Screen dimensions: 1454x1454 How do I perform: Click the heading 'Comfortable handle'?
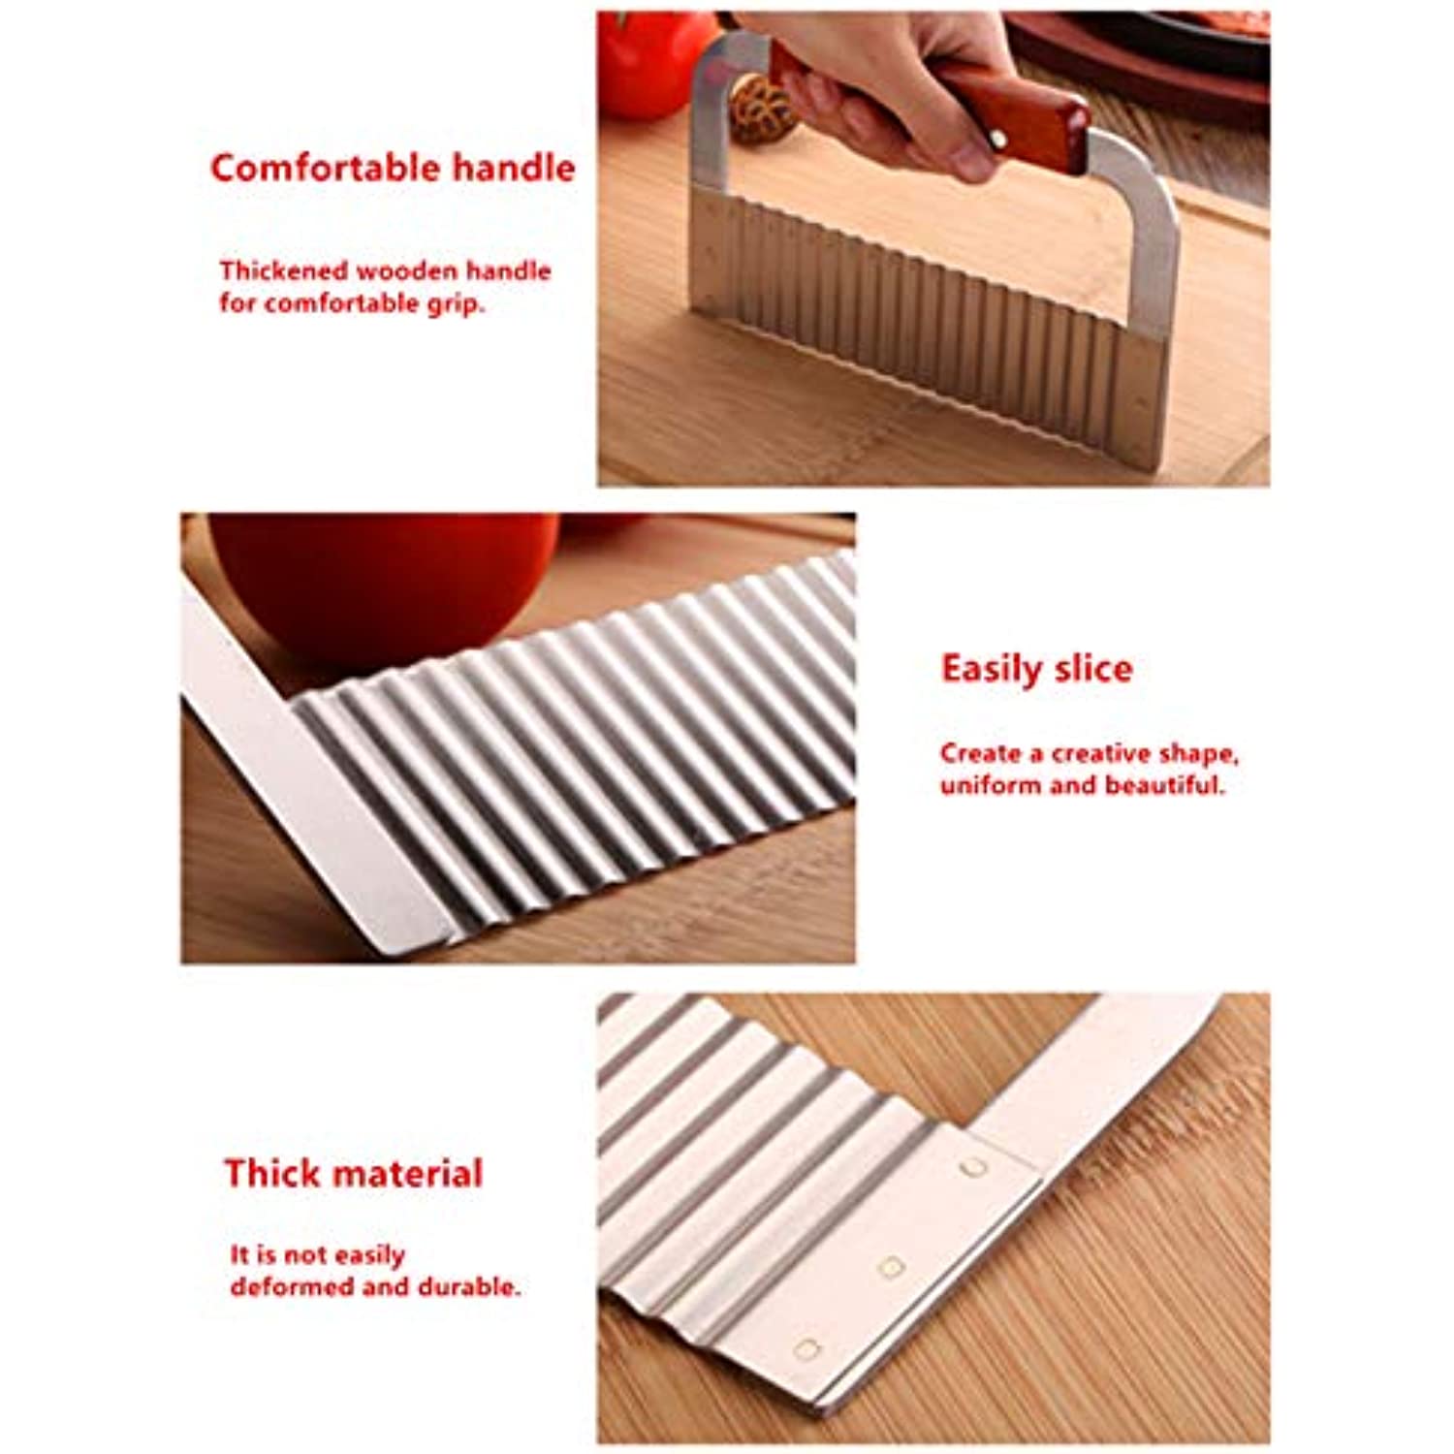[x=393, y=168]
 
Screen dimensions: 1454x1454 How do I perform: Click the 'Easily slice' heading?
[x=1036, y=669]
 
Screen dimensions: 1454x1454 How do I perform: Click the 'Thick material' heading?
[x=353, y=1173]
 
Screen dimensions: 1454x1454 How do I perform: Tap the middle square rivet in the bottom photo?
[x=890, y=1265]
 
